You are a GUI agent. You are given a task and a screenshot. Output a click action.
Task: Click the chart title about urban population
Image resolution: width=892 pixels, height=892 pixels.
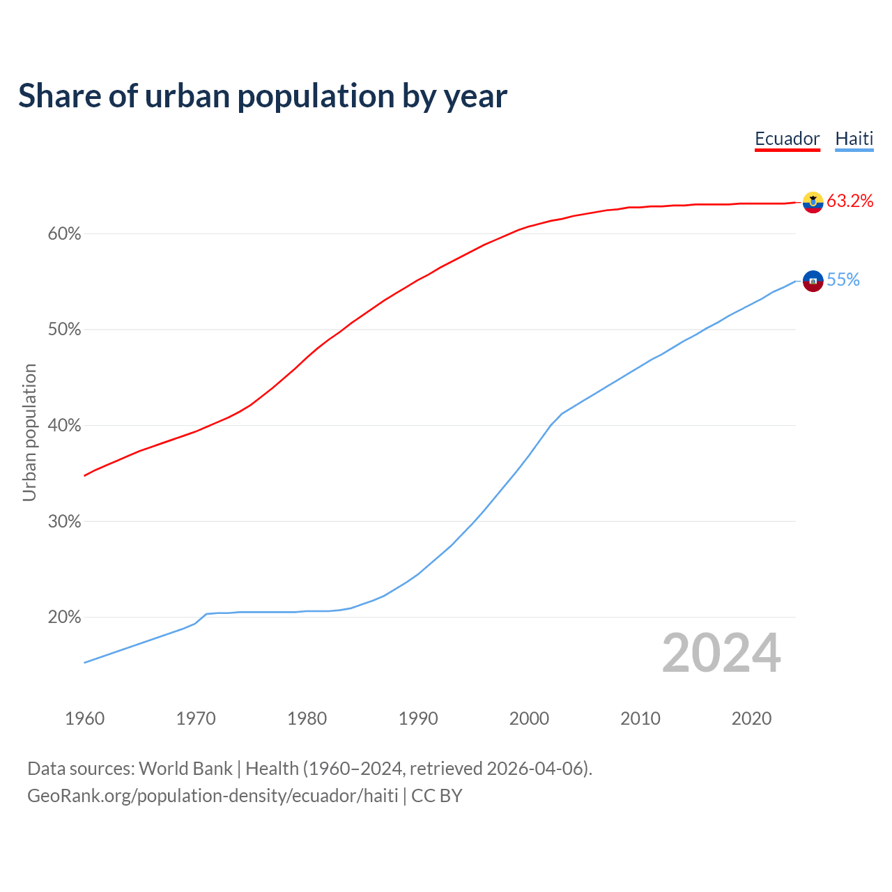(x=263, y=96)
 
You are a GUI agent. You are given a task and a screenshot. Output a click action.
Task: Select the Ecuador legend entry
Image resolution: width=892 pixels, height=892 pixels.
(x=787, y=139)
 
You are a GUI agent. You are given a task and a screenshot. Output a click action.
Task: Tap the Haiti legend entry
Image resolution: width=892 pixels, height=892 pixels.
(x=854, y=139)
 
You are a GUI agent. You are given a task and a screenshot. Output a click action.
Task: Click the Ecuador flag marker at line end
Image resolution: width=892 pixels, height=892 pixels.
(x=813, y=202)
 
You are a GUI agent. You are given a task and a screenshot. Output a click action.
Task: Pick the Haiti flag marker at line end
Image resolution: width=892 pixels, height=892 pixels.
(x=813, y=281)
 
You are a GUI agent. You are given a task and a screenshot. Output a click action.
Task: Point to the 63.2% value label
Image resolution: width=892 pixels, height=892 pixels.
(x=849, y=201)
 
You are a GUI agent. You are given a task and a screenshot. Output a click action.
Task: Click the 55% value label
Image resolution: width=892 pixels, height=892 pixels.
(x=843, y=280)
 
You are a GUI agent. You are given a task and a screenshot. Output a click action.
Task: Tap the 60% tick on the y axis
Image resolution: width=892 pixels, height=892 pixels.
(x=64, y=234)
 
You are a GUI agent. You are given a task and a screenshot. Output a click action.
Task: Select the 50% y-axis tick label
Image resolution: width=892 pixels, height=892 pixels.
(x=64, y=330)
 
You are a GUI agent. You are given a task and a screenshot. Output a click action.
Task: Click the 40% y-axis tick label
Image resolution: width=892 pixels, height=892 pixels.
(x=64, y=426)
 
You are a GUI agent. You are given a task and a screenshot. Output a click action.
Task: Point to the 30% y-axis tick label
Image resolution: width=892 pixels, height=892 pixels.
(x=64, y=522)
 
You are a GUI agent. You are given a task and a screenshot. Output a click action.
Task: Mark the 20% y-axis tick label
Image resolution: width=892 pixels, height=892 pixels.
(x=64, y=617)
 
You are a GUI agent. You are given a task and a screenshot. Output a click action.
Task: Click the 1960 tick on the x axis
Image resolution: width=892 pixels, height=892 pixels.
(x=84, y=718)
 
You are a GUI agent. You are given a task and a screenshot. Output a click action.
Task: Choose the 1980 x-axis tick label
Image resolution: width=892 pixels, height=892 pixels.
(x=307, y=718)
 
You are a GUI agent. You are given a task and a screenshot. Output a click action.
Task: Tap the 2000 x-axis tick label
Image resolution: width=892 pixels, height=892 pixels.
(x=530, y=718)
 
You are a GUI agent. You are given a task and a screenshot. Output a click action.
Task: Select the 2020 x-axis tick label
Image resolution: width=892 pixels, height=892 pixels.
(x=751, y=718)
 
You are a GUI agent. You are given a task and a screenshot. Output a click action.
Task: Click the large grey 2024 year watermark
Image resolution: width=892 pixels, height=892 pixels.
(x=721, y=653)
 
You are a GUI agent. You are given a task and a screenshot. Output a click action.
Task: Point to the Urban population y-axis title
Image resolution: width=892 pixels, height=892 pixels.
(x=29, y=432)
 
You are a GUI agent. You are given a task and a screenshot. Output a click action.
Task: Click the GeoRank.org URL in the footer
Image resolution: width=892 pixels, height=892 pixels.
(x=213, y=796)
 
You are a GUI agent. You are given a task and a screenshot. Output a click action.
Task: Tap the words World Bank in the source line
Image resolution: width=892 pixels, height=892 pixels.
(x=185, y=769)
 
